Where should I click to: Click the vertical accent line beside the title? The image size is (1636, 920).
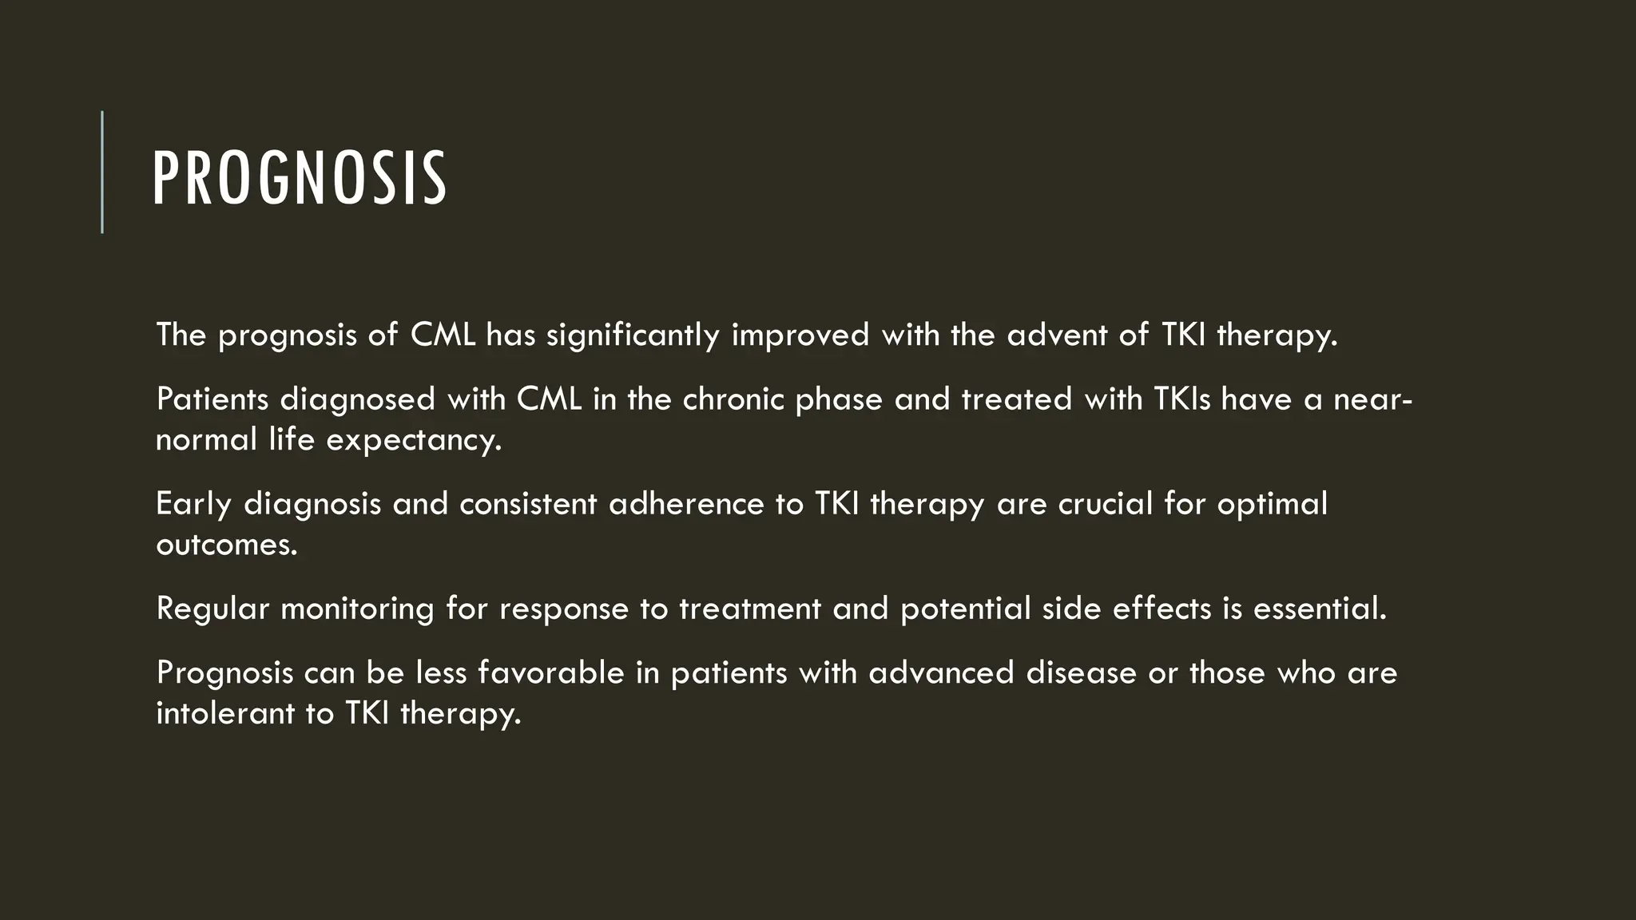pyautogui.click(x=102, y=172)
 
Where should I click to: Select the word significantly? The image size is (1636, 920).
pyautogui.click(x=633, y=335)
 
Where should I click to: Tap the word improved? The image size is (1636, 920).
pyautogui.click(x=800, y=335)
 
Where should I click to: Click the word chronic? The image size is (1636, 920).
pyautogui.click(x=733, y=399)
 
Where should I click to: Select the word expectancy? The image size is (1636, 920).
pyautogui.click(x=414, y=440)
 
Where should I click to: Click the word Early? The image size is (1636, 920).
pyautogui.click(x=193, y=504)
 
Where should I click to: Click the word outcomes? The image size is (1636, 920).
pyautogui.click(x=226, y=545)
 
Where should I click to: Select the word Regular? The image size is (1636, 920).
pyautogui.click(x=212, y=609)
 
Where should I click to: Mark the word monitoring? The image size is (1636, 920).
pyautogui.click(x=357, y=609)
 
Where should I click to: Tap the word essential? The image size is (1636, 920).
pyautogui.click(x=1319, y=609)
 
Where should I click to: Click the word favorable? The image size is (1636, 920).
pyautogui.click(x=550, y=672)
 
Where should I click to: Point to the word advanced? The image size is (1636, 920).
pyautogui.click(x=941, y=672)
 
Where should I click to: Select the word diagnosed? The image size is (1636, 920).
pyautogui.click(x=357, y=399)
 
